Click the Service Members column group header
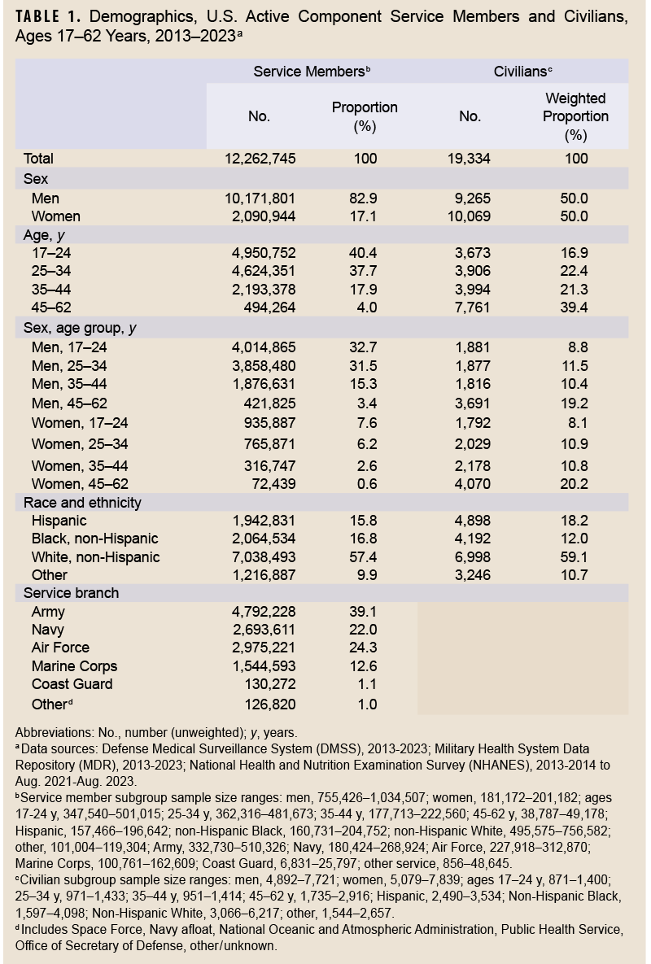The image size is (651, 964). point(312,72)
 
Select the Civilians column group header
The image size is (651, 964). point(523,72)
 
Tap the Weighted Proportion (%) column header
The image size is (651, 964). point(575,116)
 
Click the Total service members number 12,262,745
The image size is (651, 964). point(260,159)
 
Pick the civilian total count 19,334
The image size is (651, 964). point(470,159)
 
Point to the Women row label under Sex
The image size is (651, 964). point(55,216)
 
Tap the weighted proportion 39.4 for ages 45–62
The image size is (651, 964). point(575,308)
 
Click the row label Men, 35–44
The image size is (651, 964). point(69,384)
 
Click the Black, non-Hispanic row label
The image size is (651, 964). point(94,539)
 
